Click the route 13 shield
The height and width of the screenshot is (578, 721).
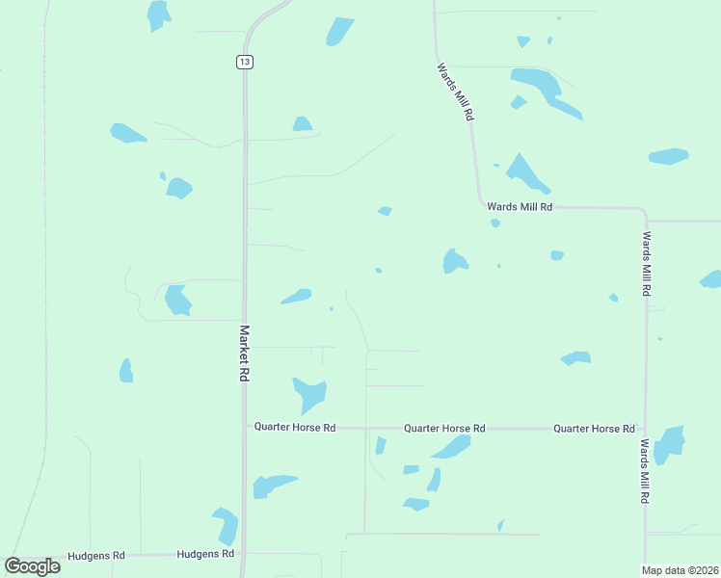pos(245,62)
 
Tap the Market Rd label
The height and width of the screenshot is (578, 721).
pos(244,353)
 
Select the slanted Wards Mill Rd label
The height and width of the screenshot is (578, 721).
pos(455,92)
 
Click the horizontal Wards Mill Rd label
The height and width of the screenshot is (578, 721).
pos(519,206)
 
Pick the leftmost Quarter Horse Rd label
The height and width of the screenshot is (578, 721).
pos(294,427)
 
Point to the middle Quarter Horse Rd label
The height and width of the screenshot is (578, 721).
pos(443,428)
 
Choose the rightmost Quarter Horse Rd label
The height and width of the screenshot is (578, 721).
pos(594,428)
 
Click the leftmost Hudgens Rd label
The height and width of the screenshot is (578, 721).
pos(97,556)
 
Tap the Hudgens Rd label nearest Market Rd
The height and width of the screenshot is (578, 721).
pos(205,554)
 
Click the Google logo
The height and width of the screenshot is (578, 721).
pos(33,566)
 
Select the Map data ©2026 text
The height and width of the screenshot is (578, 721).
pos(681,570)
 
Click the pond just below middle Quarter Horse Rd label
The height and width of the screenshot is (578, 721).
pos(451,447)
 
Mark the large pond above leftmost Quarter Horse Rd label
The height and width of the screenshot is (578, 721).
pos(309,392)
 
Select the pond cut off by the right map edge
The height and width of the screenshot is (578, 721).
pos(711,279)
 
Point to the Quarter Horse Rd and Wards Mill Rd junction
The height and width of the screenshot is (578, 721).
pos(645,428)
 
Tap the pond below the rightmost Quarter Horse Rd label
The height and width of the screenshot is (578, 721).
pos(669,444)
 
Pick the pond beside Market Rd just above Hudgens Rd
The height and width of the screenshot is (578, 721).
pos(227,526)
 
